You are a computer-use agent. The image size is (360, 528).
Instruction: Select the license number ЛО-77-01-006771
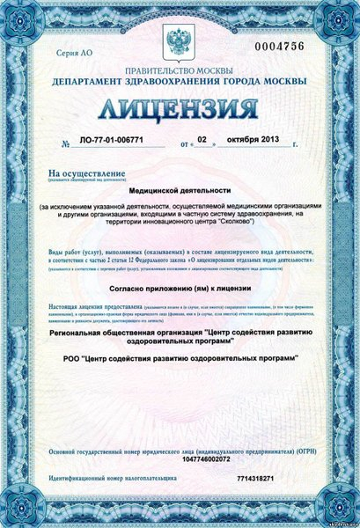(111, 141)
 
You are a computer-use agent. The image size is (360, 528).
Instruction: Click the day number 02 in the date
(202, 139)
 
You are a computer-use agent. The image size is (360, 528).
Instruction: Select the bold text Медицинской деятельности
(179, 190)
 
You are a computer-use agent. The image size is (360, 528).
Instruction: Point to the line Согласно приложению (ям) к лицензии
(180, 289)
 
